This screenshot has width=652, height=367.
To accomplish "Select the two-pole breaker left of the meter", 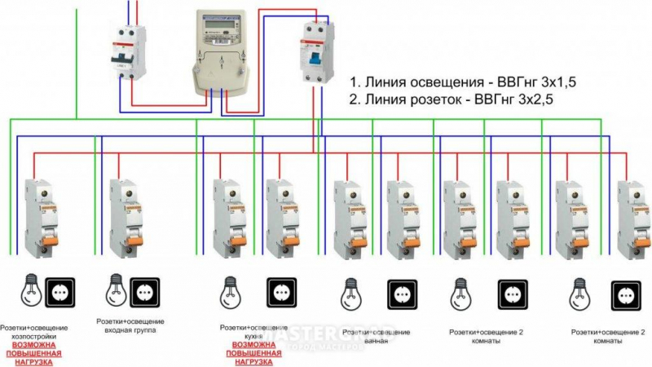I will [x=128, y=51].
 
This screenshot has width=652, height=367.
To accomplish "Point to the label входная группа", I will [x=130, y=330].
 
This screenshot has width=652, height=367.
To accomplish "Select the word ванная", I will [x=375, y=341].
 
